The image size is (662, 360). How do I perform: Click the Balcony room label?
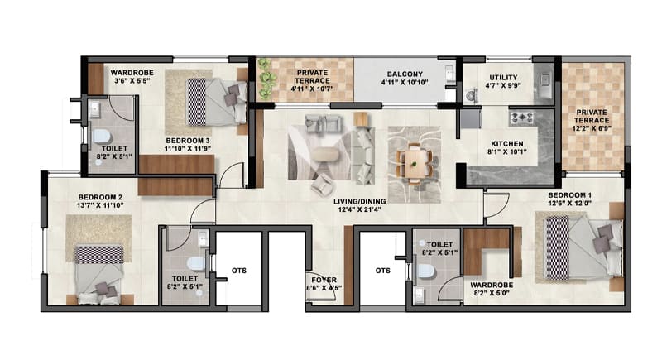(x=405, y=78)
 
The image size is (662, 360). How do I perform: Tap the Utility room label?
(x=503, y=81)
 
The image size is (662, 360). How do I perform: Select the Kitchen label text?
(x=506, y=147)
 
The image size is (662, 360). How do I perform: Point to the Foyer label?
(x=324, y=284)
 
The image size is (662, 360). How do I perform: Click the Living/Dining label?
(x=359, y=205)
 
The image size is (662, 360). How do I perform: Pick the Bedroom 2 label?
(x=100, y=201)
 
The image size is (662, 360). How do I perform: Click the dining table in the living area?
(x=415, y=163)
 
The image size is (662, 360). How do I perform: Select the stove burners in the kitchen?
(x=522, y=118)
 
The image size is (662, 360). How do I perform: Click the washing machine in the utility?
(x=471, y=96)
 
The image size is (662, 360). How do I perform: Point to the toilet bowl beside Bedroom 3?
(x=101, y=136)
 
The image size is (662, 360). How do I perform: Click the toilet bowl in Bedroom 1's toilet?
(x=426, y=271)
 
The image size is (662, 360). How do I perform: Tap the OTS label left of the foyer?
(x=239, y=271)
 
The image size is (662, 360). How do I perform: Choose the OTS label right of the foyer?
(x=383, y=271)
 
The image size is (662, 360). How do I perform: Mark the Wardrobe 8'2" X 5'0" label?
(x=492, y=289)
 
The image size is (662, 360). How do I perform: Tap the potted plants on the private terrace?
(x=265, y=79)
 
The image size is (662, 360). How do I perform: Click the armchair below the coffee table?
(x=322, y=185)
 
